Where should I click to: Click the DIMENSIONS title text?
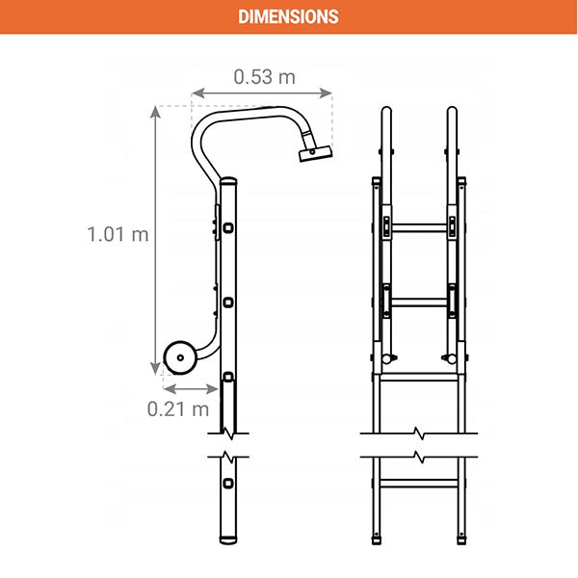click(288, 16)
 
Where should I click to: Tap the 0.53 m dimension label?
click(264, 77)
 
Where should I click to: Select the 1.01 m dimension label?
click(118, 234)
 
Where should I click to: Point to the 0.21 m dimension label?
click(178, 409)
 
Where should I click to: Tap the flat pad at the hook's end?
click(316, 153)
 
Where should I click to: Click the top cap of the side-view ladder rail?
click(228, 181)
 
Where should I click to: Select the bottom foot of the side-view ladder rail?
click(228, 540)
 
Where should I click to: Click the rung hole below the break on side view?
click(228, 484)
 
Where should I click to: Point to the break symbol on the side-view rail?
click(228, 445)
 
